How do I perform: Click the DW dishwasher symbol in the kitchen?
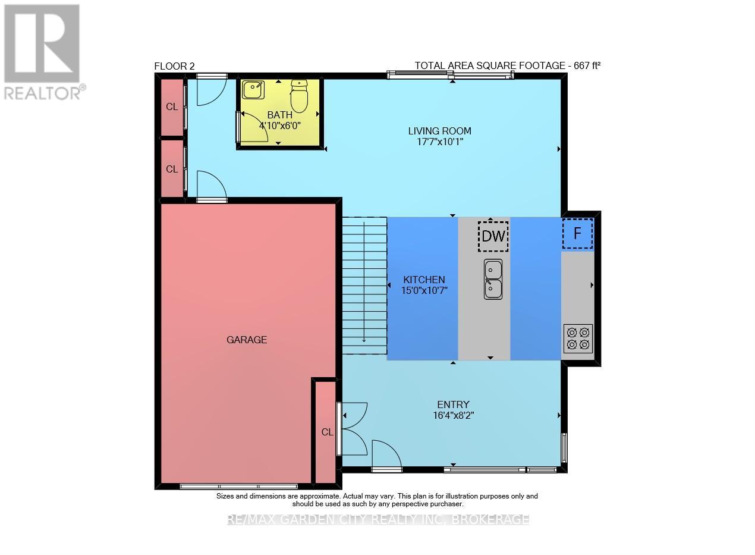click(493, 236)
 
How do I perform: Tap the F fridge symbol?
click(577, 233)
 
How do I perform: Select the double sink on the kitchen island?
click(493, 279)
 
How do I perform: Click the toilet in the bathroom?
click(299, 98)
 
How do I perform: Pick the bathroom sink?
click(253, 90)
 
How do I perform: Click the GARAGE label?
click(247, 340)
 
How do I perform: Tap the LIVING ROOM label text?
click(439, 131)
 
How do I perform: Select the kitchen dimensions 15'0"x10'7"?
click(424, 290)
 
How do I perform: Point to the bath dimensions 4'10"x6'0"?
click(280, 126)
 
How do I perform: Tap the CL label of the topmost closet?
click(172, 107)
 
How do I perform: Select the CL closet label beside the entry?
click(327, 432)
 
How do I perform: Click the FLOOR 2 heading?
click(174, 66)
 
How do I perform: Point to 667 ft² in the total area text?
click(587, 65)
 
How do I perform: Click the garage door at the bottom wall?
click(238, 486)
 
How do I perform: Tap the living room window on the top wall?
click(450, 75)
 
